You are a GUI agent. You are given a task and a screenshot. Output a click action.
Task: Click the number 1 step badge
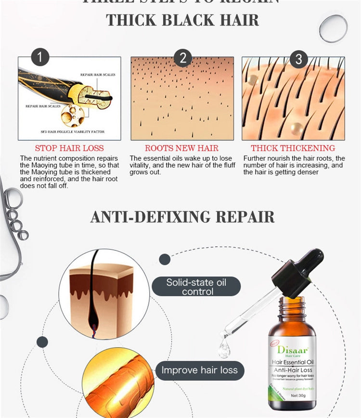(x=40, y=58)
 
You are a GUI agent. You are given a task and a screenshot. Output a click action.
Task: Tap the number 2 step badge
(x=182, y=58)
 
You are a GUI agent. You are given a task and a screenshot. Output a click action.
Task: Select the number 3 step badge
(x=298, y=59)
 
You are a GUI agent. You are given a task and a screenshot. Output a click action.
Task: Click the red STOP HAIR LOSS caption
(x=69, y=148)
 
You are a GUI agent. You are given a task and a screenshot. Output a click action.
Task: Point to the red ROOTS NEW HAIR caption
(x=181, y=148)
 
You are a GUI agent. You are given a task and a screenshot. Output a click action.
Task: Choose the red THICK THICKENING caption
(x=293, y=148)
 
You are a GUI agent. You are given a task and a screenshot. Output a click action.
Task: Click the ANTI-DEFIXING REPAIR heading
(x=182, y=217)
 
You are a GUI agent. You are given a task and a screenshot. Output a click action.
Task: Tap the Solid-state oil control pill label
(x=196, y=287)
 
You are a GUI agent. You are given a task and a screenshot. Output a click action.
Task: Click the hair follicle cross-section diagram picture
(x=69, y=98)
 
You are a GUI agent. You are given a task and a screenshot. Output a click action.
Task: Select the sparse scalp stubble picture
(x=182, y=99)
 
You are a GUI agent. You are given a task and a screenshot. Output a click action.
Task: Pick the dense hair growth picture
(x=293, y=99)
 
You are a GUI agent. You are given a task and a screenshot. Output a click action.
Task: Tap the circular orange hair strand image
(x=112, y=385)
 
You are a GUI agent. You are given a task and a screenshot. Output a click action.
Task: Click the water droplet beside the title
(x=333, y=28)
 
